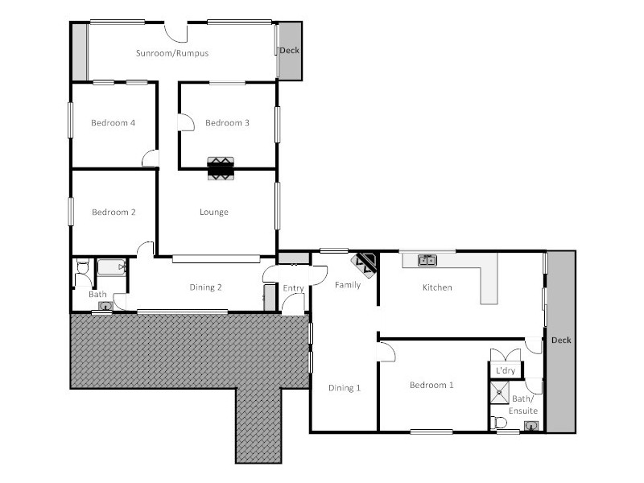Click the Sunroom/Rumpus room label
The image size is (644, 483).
point(171,53)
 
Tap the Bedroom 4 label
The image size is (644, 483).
point(113,123)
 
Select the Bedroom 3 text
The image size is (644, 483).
point(227,123)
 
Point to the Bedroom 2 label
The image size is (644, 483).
point(113,213)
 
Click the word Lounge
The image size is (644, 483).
point(214,213)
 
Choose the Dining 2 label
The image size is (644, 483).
point(205,287)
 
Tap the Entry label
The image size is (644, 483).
point(293,288)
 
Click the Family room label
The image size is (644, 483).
point(348,285)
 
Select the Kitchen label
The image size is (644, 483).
point(437,287)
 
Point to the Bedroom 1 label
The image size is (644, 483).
point(431,386)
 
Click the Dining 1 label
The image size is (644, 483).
point(345,388)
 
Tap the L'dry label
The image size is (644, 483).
point(506,370)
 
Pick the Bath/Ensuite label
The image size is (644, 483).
point(524,405)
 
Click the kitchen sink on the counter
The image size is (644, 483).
point(427,260)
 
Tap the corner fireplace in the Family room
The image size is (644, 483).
point(365,262)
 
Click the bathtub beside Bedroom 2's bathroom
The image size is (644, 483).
point(111,268)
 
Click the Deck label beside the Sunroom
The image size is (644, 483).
point(289,51)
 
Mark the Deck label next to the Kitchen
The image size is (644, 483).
point(561,340)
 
